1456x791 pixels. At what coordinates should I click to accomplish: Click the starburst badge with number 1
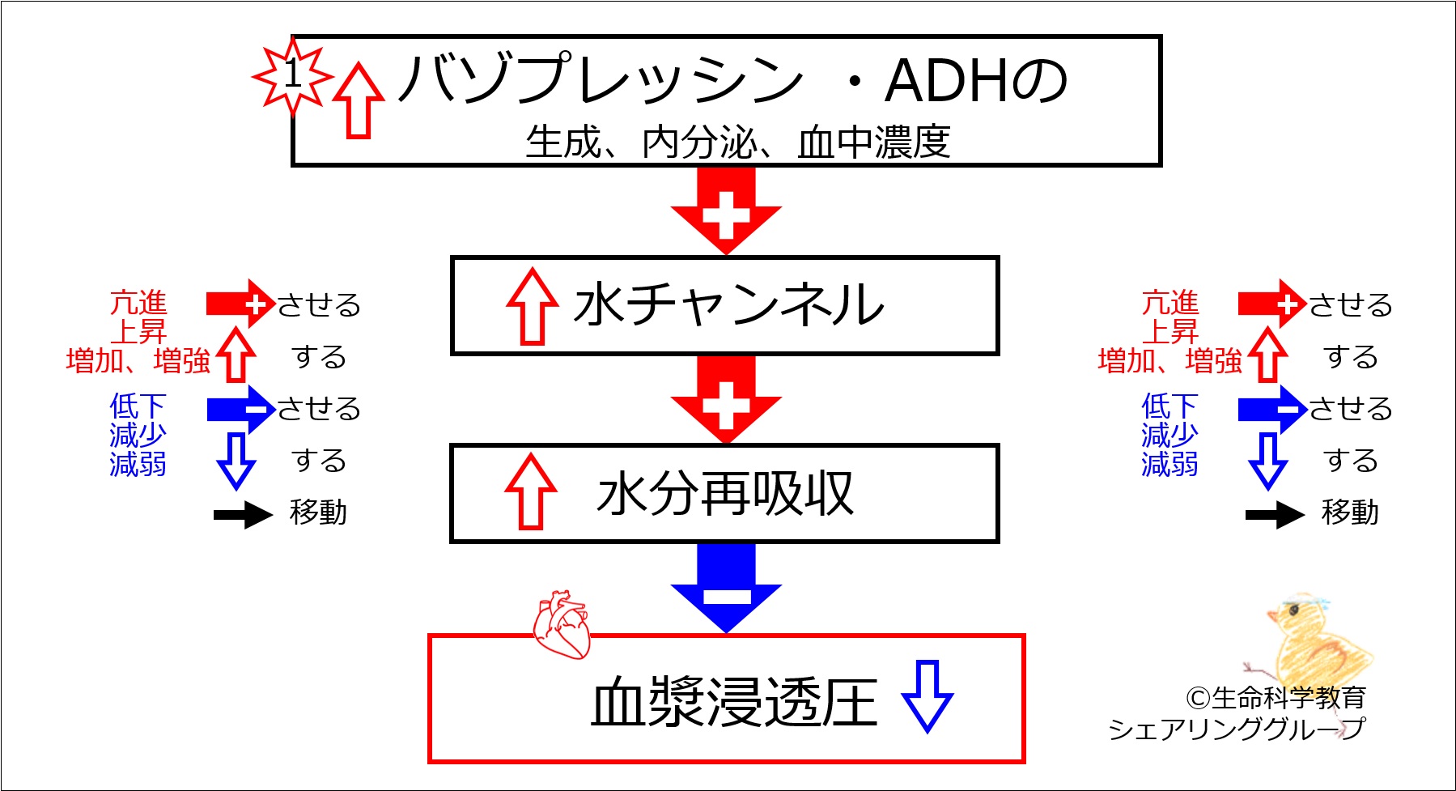pos(292,75)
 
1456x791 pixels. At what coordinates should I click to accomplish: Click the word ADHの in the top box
pos(977,81)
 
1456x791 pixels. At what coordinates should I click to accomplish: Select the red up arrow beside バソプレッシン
pos(359,100)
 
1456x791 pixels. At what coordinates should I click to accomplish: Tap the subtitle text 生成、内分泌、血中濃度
pos(737,142)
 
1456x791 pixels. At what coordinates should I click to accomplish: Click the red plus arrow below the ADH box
pos(726,211)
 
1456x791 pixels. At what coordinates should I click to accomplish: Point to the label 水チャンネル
pos(728,305)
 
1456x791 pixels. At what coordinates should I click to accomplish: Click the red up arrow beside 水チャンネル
pos(532,307)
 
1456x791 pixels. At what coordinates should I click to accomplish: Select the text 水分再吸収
pos(725,494)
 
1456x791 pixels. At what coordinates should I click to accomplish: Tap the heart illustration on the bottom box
pos(561,624)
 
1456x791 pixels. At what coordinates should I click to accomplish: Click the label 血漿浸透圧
pos(734,702)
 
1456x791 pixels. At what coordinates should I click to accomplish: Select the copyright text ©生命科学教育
pos(1276,697)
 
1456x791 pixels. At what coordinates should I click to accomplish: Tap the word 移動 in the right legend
pos(1350,512)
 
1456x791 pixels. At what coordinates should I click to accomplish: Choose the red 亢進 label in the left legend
pos(138,304)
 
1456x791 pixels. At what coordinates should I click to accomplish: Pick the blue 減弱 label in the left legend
pos(138,465)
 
